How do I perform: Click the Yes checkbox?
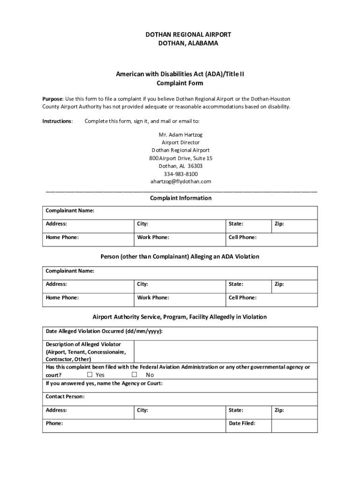(90, 375)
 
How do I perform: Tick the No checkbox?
(134, 375)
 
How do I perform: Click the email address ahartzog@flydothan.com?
(180, 181)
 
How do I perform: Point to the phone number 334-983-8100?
(180, 174)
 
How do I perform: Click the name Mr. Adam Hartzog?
(180, 135)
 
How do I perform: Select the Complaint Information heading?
(180, 198)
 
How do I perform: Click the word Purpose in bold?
(52, 99)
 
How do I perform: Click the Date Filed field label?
(242, 423)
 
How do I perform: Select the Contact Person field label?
(65, 397)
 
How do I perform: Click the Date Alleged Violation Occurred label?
(104, 331)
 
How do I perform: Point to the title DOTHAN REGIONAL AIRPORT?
(180, 35)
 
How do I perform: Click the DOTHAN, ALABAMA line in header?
(180, 43)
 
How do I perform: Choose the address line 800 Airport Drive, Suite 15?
(180, 158)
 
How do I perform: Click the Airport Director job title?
(180, 142)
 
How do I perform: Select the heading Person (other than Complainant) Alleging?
(180, 257)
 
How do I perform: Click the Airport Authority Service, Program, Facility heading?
(180, 317)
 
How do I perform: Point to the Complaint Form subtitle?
(180, 83)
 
